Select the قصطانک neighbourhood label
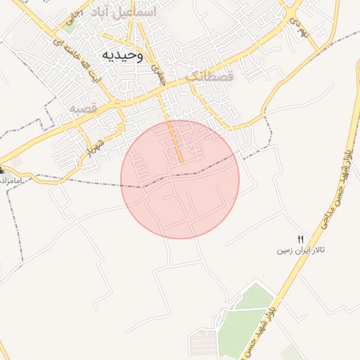click(x=209, y=75)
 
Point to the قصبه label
click(x=82, y=109)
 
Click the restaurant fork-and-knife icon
click(x=301, y=240)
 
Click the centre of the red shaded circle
click(x=180, y=179)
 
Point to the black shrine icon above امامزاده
click(x=1, y=171)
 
